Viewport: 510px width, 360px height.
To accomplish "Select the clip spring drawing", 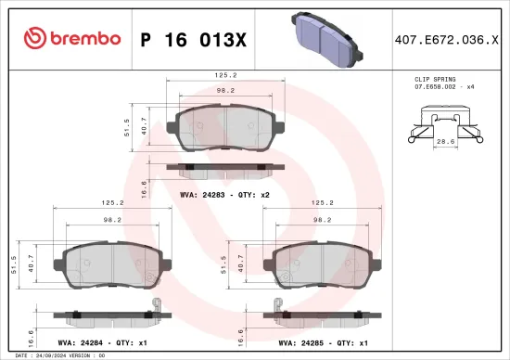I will click(445, 126).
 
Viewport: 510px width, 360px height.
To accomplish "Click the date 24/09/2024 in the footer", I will click(54, 355).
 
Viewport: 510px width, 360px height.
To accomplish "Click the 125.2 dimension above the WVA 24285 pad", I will click(324, 202).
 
